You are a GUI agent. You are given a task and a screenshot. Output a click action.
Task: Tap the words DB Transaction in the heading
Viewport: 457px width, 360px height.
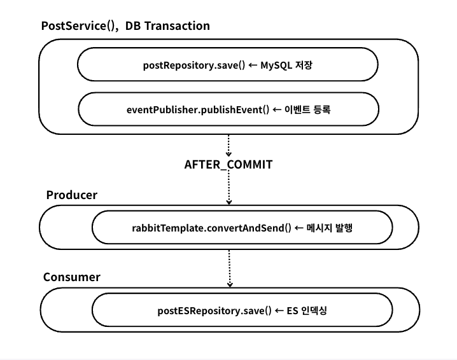[167, 26]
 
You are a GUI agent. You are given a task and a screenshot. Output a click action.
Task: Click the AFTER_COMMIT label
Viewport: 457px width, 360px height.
[229, 165]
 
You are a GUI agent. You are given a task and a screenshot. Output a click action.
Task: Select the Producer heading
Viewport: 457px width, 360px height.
[71, 195]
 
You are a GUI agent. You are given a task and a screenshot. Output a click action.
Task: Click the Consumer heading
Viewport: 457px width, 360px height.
[72, 278]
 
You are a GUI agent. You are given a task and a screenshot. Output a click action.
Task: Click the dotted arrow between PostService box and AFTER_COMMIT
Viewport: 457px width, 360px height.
[229, 145]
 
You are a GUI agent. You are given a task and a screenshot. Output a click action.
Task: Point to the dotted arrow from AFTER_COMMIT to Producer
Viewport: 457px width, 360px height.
[229, 188]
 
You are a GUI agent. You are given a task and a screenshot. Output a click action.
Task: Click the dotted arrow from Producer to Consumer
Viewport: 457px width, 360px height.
[229, 268]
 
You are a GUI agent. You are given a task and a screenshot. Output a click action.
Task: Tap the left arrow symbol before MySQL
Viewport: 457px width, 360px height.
[253, 65]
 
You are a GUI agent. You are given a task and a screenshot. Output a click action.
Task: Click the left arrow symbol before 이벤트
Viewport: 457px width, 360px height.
[277, 109]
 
